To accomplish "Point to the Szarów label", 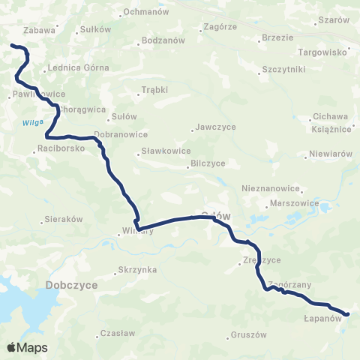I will pos(334,19).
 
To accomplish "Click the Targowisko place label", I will pos(323,52).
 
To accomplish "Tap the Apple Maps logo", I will pos(28,347).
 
